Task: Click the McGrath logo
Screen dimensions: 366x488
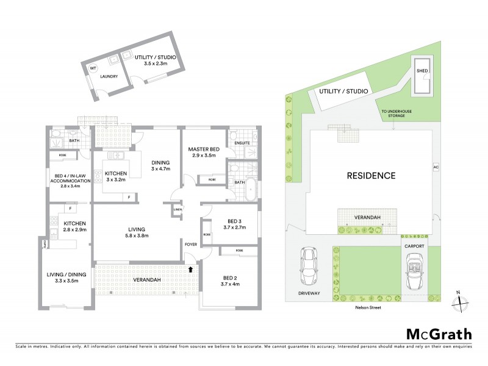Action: click(x=439, y=334)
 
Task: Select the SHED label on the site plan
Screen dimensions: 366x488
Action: click(x=422, y=71)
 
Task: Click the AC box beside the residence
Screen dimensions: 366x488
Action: click(x=436, y=167)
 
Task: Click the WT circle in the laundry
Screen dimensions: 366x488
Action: click(x=93, y=69)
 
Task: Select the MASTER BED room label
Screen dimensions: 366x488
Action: click(x=203, y=149)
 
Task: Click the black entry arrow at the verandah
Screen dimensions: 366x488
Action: click(x=192, y=268)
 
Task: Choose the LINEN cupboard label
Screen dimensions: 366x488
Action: click(x=178, y=210)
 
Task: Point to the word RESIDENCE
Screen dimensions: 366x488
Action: click(x=371, y=176)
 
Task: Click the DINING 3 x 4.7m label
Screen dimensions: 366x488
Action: click(x=160, y=165)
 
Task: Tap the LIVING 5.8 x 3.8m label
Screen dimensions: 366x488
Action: click(x=137, y=232)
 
